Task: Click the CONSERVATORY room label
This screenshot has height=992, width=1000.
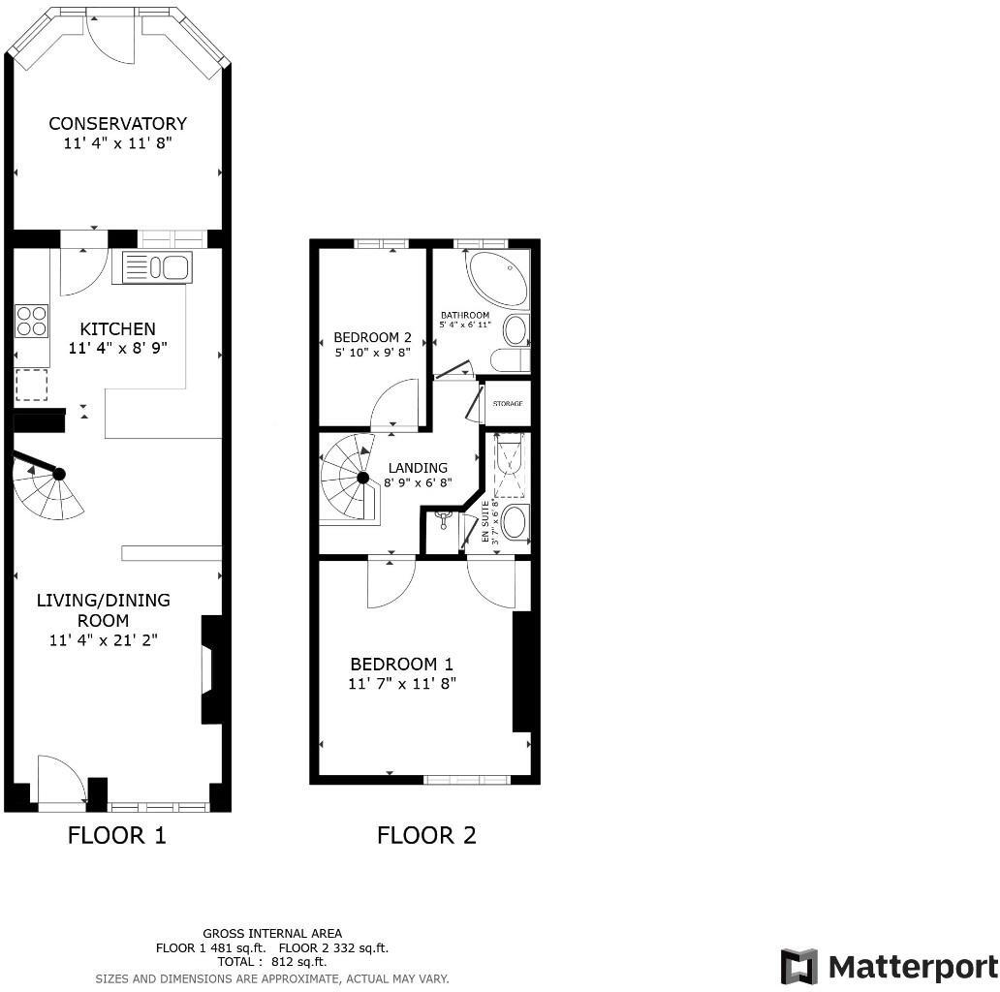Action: tap(117, 124)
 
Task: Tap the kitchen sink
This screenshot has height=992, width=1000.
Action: tap(153, 267)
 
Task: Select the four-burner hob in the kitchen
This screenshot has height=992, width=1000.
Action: tap(32, 321)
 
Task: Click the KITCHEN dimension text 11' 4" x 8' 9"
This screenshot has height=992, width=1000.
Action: tap(118, 348)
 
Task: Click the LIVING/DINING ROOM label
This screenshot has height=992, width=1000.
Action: tap(103, 610)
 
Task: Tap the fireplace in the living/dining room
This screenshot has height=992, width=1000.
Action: tap(210, 669)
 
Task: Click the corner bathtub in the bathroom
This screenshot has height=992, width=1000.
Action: tap(497, 278)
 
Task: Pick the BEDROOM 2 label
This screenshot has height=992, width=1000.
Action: tap(372, 337)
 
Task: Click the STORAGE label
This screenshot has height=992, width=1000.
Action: tap(508, 403)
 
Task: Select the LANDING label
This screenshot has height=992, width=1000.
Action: tap(418, 468)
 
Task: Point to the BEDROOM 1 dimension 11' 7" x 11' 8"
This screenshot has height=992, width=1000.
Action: tap(402, 683)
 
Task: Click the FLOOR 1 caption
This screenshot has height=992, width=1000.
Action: tap(117, 835)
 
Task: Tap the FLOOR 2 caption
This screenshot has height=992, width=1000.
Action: tap(426, 835)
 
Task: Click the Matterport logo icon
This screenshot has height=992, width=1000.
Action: tap(799, 967)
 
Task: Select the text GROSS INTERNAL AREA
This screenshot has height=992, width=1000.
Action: tap(272, 934)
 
